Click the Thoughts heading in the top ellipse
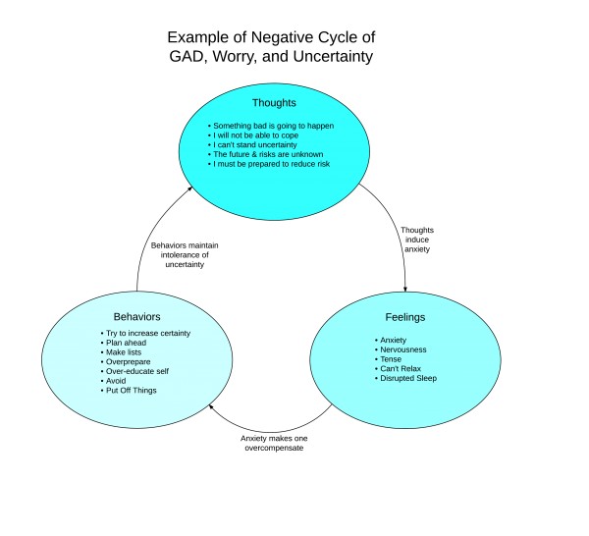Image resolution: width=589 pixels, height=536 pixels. (274, 102)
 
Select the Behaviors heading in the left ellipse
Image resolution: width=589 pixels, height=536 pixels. (136, 317)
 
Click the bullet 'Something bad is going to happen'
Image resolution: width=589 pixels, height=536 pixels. (272, 128)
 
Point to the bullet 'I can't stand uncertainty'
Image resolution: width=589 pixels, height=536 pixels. (253, 146)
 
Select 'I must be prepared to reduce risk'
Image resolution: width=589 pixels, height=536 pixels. (271, 164)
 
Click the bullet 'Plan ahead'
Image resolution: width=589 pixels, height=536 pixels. (133, 344)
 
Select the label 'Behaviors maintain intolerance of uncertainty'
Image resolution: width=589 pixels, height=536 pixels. (190, 254)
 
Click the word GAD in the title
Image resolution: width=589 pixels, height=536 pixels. (195, 57)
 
